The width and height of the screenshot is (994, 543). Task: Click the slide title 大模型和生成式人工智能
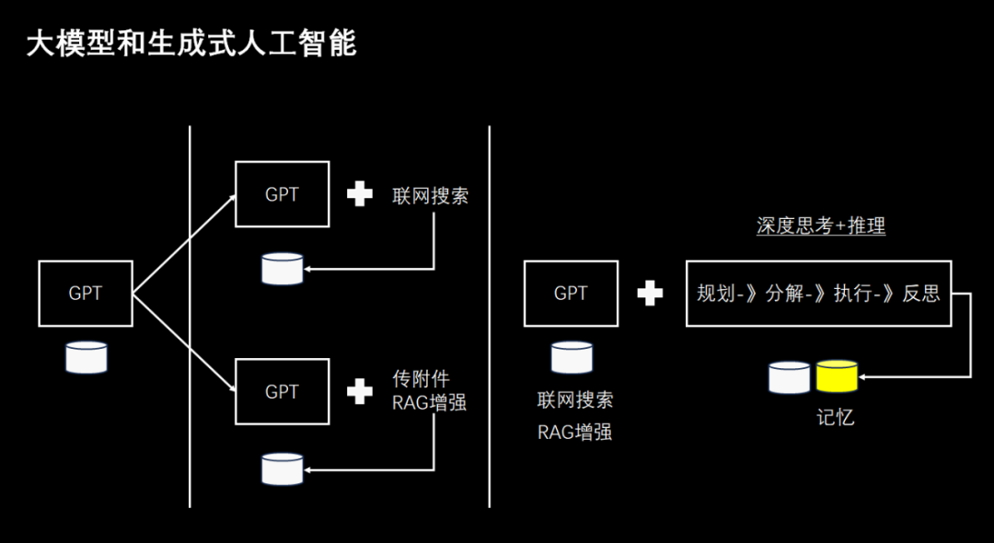pos(191,43)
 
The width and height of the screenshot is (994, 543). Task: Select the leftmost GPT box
pos(86,294)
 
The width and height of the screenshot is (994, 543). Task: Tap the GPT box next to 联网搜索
pos(282,194)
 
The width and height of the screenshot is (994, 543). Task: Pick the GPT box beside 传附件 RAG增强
pos(282,391)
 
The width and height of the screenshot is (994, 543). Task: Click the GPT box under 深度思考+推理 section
pos(571,293)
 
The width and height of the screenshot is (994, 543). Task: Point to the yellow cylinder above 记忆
pos(837,375)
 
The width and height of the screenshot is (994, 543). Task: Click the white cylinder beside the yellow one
pos(789,376)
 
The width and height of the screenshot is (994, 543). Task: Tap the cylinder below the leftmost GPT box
pos(86,357)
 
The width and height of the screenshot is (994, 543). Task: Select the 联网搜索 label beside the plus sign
pos(430,195)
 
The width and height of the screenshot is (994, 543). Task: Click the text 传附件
pos(421,379)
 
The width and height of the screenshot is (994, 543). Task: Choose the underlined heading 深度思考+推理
pos(821,225)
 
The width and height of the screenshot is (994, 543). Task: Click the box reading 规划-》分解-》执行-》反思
pos(818,294)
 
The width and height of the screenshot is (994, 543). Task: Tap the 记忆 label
pos(835,417)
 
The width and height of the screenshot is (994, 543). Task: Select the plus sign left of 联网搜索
pos(359,194)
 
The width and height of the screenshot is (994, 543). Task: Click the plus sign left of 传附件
pos(359,391)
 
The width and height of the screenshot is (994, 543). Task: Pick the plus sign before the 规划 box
pos(650,294)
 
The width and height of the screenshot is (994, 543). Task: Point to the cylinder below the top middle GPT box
pos(282,268)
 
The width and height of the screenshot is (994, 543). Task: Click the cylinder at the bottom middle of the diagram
pos(282,468)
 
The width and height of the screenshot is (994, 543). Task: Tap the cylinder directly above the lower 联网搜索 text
pos(571,357)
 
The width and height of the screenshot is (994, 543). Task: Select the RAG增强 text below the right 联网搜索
pos(575,432)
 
